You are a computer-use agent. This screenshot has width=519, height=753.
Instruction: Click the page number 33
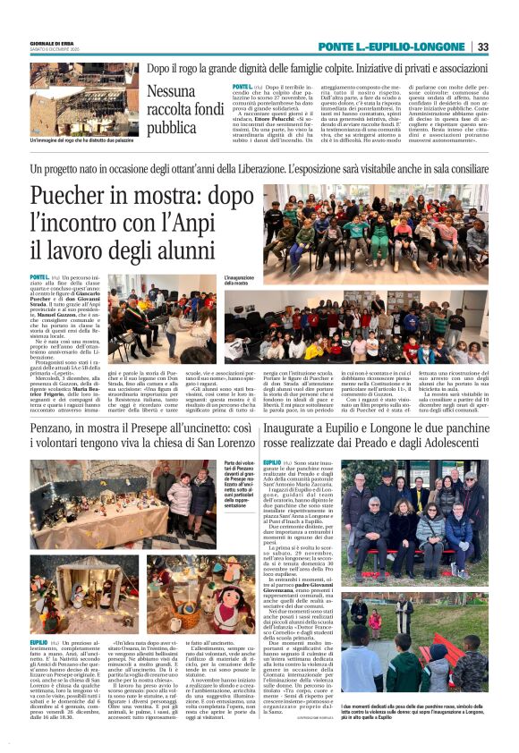pyautogui.click(x=483, y=47)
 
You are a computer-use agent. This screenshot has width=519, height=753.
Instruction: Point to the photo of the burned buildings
pyautogui.click(x=83, y=99)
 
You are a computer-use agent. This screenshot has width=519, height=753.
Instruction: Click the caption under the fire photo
pyautogui.click(x=83, y=140)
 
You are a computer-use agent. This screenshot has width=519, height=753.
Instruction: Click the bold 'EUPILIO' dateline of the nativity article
pyautogui.click(x=39, y=642)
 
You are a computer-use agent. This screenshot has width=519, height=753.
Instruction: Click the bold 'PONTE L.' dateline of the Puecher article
pyautogui.click(x=40, y=278)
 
